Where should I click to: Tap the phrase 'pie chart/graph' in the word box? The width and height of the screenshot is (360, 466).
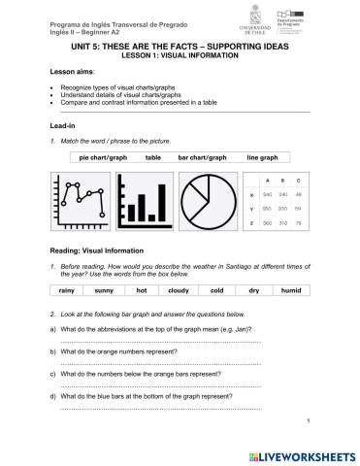(103, 156)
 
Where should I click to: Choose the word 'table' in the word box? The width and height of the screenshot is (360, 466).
(153, 156)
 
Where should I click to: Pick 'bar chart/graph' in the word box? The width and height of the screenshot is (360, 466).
(202, 156)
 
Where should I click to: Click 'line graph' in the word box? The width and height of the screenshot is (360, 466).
(262, 156)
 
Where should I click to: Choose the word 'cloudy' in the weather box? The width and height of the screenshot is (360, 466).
(178, 290)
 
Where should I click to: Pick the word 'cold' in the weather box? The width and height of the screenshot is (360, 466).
(216, 290)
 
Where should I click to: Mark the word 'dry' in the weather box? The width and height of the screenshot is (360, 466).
(253, 290)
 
